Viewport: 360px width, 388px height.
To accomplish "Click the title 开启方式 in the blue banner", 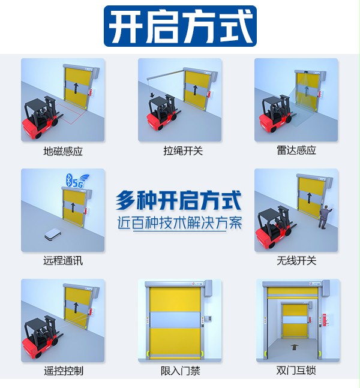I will click(180, 27).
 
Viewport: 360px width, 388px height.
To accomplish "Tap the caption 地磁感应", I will click(63, 151).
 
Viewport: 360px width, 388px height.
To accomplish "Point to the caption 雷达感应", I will click(296, 151).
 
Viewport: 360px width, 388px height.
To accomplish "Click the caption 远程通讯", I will click(63, 261).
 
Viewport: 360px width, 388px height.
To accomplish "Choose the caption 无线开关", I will click(296, 261).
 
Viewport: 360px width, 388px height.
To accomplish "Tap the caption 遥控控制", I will click(63, 371).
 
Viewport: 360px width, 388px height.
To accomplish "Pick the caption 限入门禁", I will click(180, 371).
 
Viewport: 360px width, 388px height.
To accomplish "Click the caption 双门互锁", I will click(296, 371).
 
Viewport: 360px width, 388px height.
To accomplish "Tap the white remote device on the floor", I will click(52, 235).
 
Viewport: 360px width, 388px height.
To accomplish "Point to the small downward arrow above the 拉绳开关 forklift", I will click(152, 95).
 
